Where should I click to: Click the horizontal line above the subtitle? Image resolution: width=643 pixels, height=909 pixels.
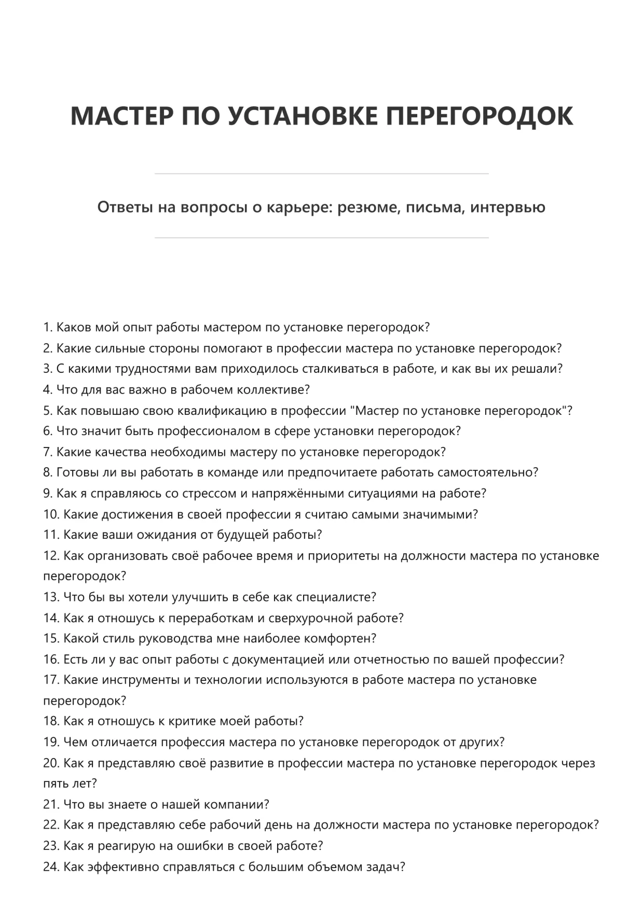[321, 174]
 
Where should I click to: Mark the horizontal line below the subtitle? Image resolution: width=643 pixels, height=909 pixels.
[321, 238]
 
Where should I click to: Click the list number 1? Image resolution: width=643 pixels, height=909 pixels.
[48, 328]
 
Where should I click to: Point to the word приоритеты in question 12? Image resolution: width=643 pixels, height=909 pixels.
[344, 556]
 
